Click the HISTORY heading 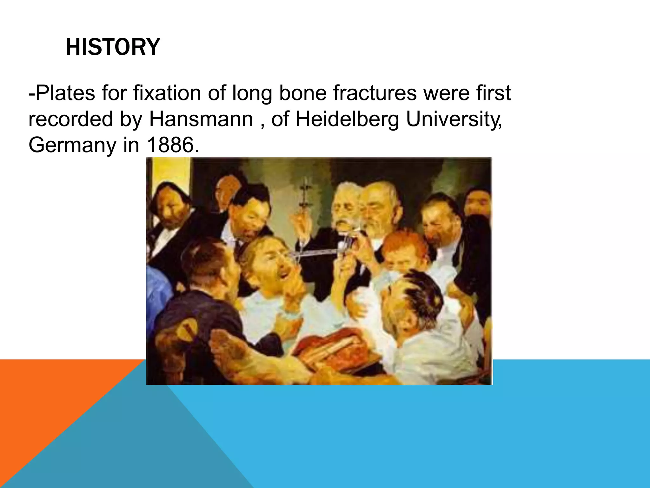(x=113, y=47)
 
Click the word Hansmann (x=201, y=119)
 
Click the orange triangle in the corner (x=48, y=397)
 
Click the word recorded (x=71, y=119)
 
